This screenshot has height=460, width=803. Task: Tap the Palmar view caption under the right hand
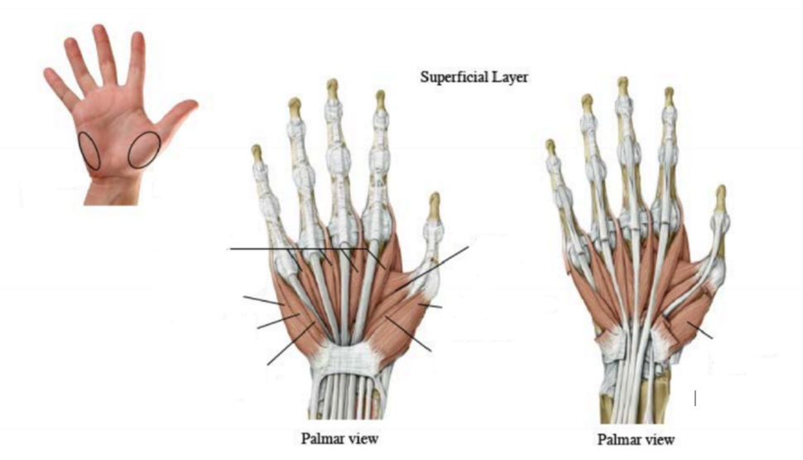(x=635, y=439)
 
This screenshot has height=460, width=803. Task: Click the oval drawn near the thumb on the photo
(x=144, y=149)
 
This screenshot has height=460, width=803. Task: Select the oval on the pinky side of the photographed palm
(x=90, y=151)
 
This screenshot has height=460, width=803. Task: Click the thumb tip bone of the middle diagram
(x=434, y=203)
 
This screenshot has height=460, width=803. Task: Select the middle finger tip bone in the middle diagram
(x=332, y=87)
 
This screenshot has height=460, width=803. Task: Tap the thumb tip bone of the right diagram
(x=721, y=195)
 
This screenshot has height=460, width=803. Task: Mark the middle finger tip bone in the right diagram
(x=623, y=85)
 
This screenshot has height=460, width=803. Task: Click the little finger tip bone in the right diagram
(x=550, y=148)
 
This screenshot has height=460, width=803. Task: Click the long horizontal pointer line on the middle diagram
(x=298, y=249)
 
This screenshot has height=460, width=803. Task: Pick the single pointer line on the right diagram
(x=701, y=332)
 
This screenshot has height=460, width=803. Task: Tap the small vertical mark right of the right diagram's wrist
(x=695, y=399)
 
